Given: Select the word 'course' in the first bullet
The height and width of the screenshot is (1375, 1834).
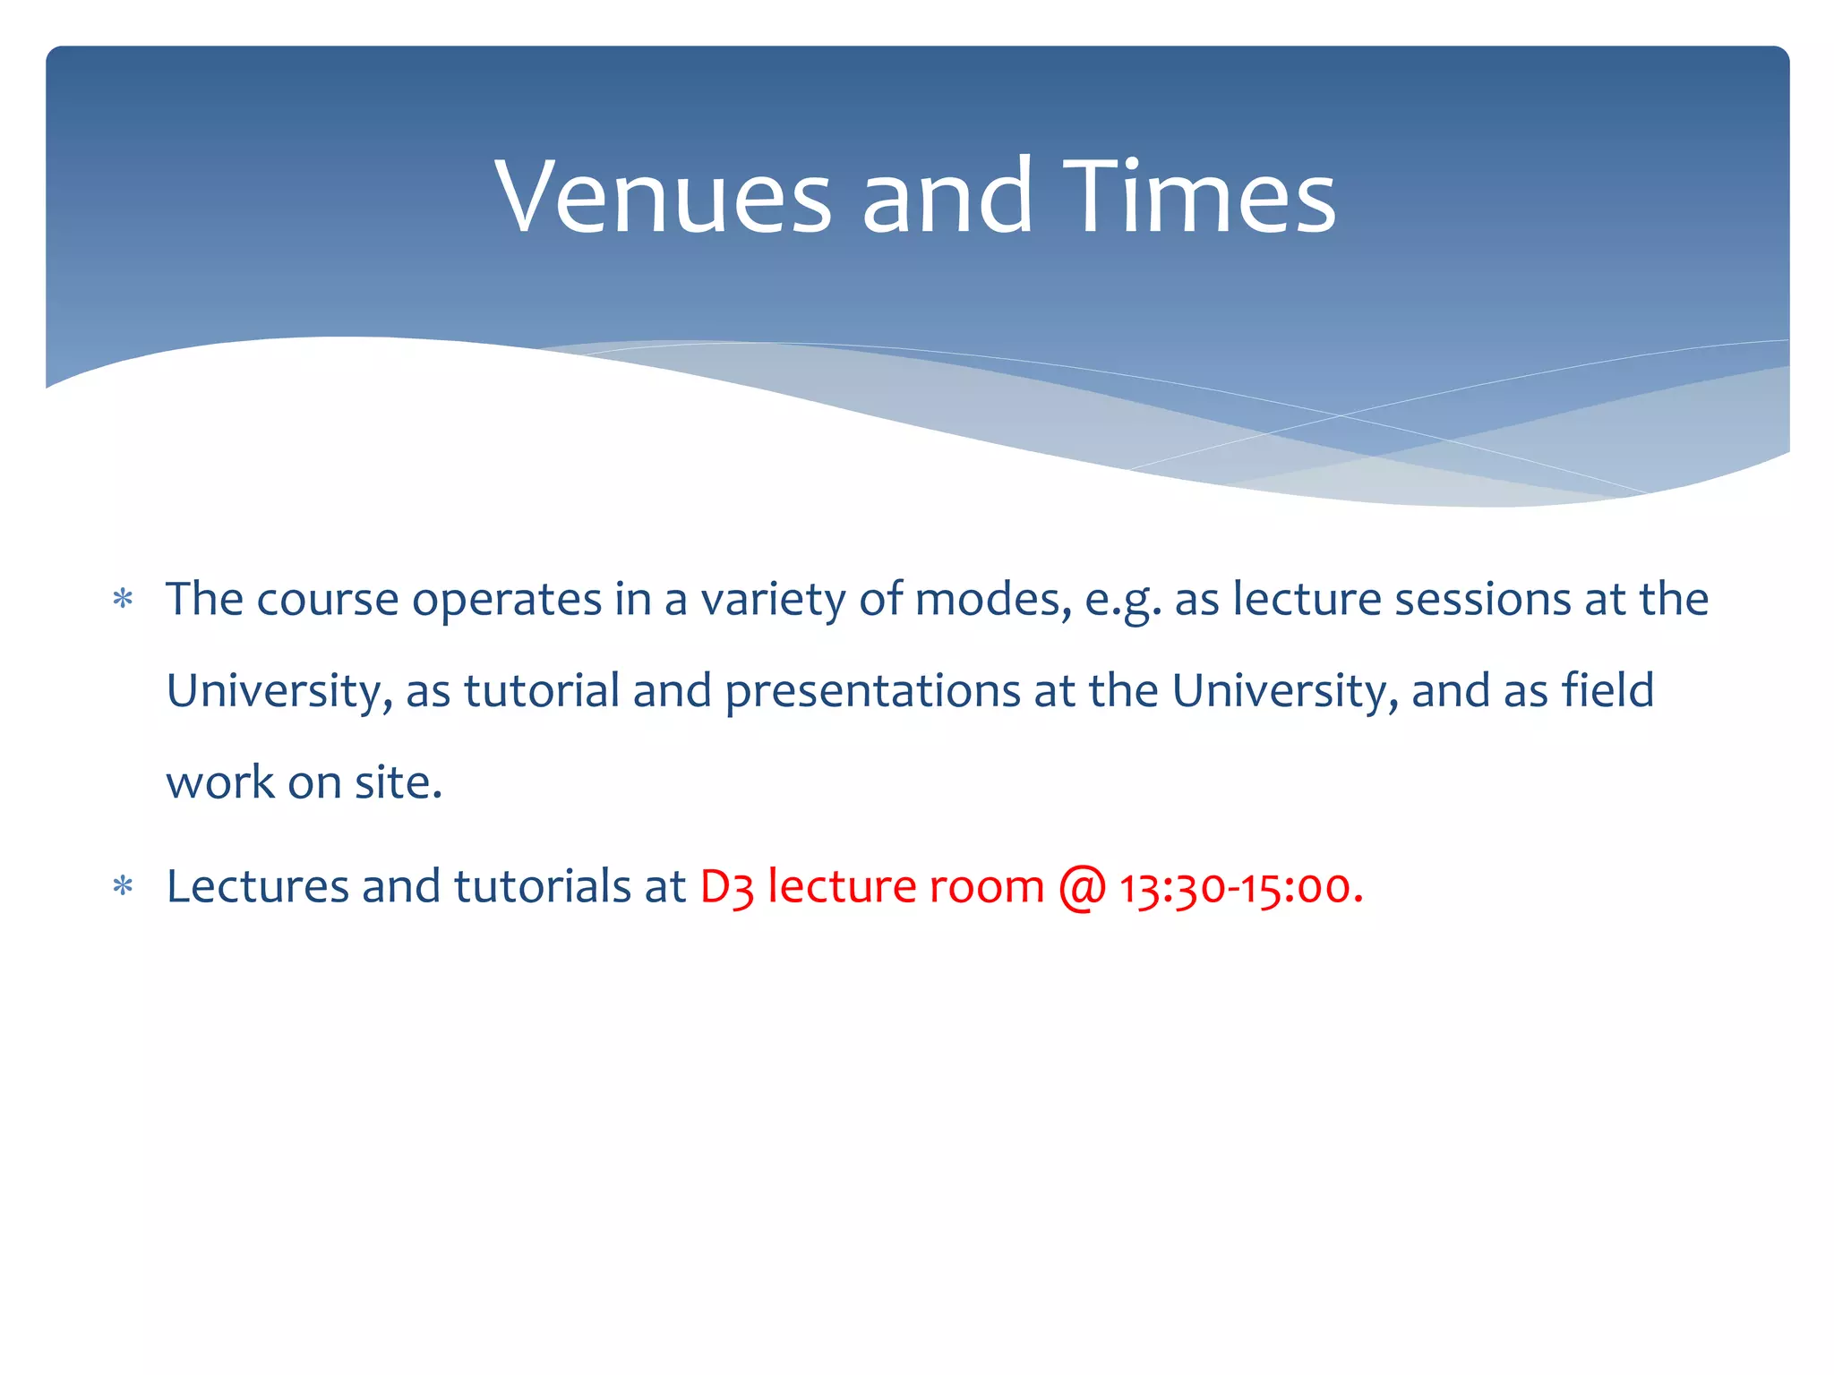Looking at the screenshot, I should (x=327, y=600).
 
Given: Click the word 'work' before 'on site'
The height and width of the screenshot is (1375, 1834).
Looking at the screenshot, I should (x=220, y=782).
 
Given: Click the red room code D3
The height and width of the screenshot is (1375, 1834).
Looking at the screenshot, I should (x=726, y=888).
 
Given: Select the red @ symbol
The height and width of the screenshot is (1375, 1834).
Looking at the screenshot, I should (x=1082, y=888).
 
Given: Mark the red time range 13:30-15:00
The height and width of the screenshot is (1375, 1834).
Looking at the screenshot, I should (x=1241, y=888).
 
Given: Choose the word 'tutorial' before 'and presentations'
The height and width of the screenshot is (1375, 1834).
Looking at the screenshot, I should (x=542, y=691).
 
